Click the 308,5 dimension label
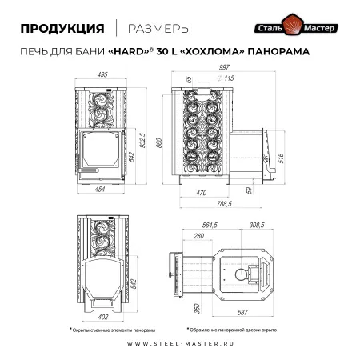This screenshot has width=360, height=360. coord(258,226)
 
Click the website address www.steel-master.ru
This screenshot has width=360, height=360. coord(180,345)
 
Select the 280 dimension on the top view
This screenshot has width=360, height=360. coord(198,236)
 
